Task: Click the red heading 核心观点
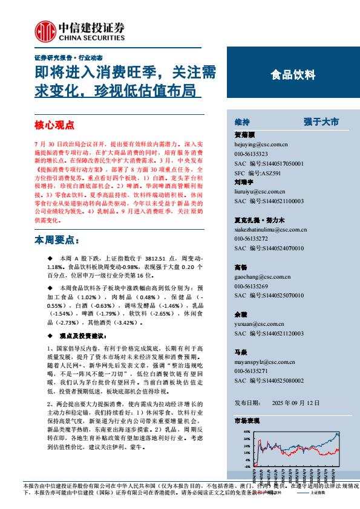[54, 126]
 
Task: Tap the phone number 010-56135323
[250, 154]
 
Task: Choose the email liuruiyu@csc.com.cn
[259, 190]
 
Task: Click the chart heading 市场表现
[246, 420]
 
